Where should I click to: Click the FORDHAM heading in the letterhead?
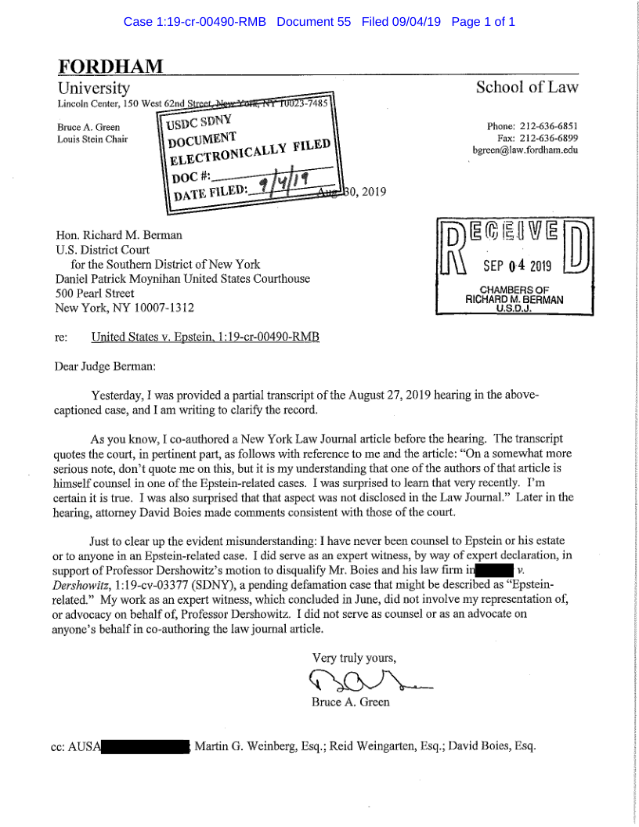110,67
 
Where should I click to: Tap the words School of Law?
527,88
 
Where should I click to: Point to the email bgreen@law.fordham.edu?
525,150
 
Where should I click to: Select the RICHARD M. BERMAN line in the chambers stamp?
514,299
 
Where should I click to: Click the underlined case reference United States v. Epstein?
205,338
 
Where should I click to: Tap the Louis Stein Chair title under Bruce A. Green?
92,139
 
